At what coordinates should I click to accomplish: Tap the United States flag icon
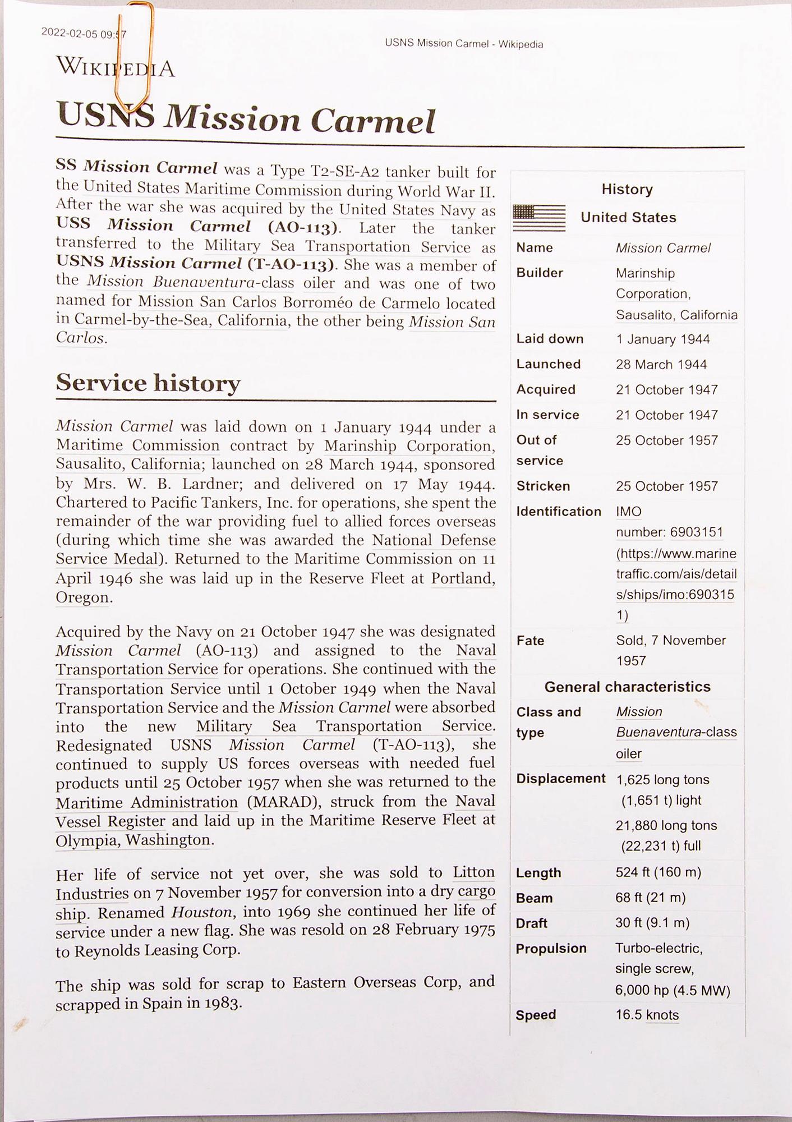point(539,218)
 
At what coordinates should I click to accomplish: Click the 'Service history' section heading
point(148,383)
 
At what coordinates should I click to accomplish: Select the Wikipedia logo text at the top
point(116,68)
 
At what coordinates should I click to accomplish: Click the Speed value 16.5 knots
point(647,1015)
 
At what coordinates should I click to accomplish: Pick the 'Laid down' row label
point(550,339)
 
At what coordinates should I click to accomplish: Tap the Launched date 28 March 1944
point(661,365)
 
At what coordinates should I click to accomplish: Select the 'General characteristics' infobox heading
point(627,687)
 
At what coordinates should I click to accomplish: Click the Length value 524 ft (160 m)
point(658,872)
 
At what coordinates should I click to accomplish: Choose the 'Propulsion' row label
point(551,949)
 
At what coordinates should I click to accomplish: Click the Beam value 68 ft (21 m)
point(650,898)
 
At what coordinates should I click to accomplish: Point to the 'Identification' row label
point(559,512)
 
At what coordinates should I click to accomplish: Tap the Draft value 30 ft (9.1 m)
point(652,923)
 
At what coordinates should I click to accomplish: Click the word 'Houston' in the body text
point(198,913)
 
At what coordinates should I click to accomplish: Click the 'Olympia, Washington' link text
point(133,840)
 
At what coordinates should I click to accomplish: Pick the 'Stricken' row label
point(543,486)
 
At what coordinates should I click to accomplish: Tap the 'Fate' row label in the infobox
point(530,641)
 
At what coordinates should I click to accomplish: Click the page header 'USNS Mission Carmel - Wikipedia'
point(464,44)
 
